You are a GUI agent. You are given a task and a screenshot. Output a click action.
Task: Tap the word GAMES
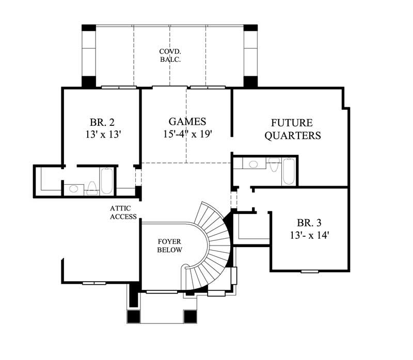tap(187, 122)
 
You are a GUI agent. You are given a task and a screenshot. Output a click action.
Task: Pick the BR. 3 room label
tap(309, 223)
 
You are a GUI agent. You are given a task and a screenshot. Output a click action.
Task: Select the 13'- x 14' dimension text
tap(309, 235)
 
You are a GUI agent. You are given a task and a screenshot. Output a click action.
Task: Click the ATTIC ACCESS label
tap(123, 212)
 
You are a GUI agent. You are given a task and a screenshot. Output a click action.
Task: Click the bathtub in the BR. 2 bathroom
tap(108, 181)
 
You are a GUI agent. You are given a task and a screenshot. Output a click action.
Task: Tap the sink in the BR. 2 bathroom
tap(74, 189)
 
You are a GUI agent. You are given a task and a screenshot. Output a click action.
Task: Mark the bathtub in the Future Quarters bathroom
tap(288, 171)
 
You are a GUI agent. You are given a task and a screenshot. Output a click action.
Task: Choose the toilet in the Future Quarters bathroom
tap(274, 165)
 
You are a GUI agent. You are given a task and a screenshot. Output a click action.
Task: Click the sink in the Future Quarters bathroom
tap(253, 165)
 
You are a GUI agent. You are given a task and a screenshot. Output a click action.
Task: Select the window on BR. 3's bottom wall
tap(310, 271)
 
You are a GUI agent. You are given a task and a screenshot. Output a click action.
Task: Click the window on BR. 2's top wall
tap(119, 88)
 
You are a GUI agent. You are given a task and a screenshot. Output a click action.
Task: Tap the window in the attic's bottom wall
tap(94, 283)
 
